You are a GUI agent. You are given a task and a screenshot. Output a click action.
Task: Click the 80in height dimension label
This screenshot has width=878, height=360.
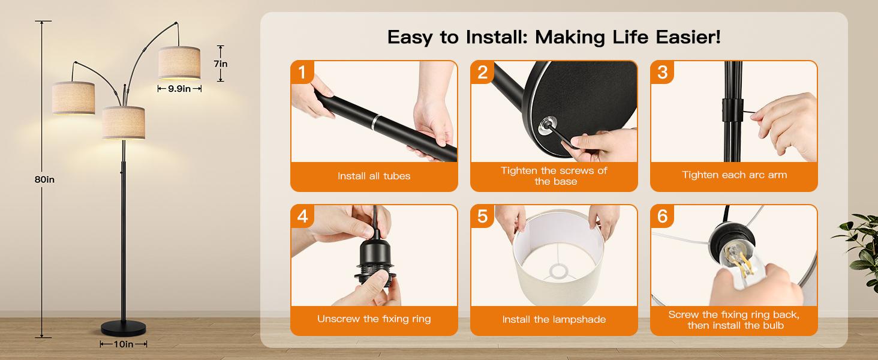[x=44, y=179]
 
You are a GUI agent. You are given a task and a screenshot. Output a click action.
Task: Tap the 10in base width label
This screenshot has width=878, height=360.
[x=124, y=344]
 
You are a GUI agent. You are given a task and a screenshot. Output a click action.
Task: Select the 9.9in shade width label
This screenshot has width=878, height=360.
[x=179, y=89]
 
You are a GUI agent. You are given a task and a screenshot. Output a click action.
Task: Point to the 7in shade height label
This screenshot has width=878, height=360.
[x=221, y=64]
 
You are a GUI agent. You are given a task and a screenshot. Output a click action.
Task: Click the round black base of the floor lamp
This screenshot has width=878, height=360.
[x=124, y=328]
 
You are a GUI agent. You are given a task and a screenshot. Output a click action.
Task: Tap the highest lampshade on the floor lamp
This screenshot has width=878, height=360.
[x=179, y=63]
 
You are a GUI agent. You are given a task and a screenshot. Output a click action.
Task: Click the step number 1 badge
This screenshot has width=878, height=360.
[x=302, y=72]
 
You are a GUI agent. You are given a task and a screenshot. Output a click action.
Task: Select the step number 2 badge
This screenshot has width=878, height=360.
[x=482, y=72]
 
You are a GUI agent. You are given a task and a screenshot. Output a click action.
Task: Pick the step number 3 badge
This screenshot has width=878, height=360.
[x=663, y=72]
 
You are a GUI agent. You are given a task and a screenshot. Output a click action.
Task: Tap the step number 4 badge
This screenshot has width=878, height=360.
[x=302, y=216]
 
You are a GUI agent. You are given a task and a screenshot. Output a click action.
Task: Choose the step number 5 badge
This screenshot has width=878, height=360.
[x=482, y=216]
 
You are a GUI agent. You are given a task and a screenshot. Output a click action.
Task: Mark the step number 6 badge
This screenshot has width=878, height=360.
[x=663, y=216]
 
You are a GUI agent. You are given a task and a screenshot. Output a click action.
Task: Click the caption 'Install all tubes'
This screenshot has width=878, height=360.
[x=374, y=176]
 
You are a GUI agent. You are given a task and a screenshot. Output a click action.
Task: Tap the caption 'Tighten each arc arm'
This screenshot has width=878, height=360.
[x=734, y=175]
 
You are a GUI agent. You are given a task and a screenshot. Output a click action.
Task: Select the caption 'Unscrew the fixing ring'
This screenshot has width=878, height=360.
[x=374, y=319]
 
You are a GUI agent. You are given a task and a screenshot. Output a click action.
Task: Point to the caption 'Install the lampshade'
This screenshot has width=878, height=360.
[x=554, y=320]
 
